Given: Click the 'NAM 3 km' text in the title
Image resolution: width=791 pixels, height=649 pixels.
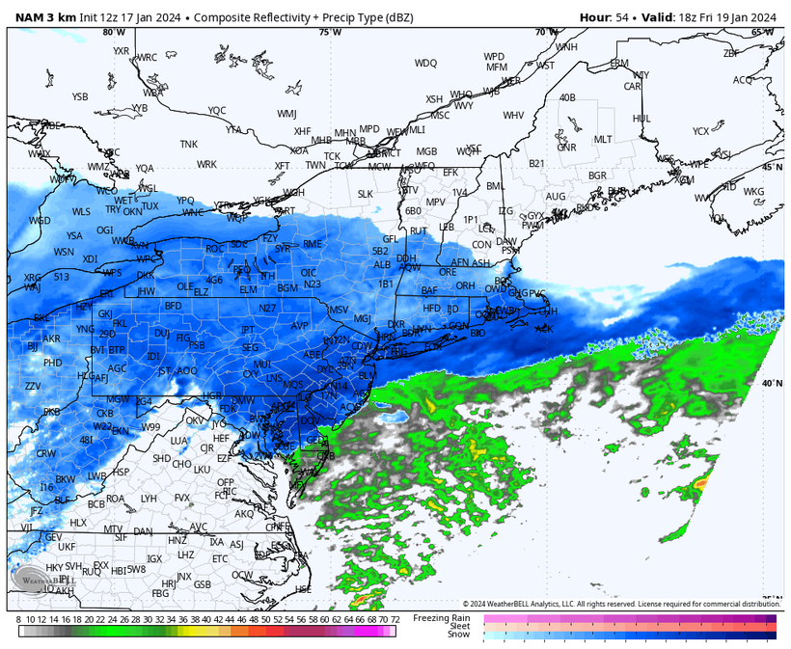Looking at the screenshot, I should coord(41,15).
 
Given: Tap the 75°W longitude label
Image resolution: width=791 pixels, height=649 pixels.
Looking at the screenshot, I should coord(330,32).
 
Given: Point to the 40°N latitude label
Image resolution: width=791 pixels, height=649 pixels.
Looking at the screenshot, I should coord(770,383).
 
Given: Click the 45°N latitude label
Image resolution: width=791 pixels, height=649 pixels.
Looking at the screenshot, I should coord(773,167).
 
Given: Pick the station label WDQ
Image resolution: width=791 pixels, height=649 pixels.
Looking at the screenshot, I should coord(425,63).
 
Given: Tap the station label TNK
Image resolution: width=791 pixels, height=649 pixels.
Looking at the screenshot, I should coord(188,144).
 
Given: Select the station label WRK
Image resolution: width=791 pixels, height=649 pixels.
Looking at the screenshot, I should coord(206,164).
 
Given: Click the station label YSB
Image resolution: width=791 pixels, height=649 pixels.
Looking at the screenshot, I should coord(80,96).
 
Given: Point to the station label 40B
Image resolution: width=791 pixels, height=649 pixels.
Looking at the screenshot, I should coord(567,97).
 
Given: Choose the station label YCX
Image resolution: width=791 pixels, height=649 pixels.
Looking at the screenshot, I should coord(700,131).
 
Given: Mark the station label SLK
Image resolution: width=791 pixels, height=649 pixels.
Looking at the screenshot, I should coord(365,194).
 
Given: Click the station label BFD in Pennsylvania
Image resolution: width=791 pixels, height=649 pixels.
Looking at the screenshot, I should coord(174,306).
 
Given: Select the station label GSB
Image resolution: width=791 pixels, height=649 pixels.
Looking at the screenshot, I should coord(203,584).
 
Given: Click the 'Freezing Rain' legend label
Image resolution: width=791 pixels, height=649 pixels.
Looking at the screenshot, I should coord(442,617).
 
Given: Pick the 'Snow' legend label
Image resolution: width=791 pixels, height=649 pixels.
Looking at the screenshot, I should coord(458,634).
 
